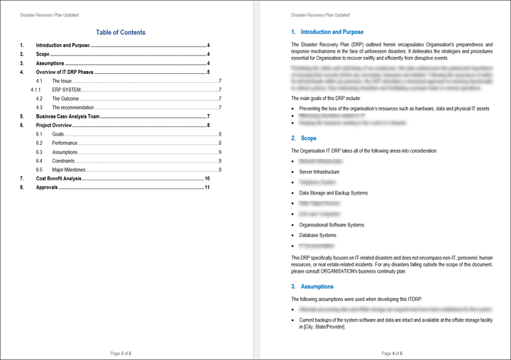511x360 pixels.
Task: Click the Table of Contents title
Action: [x=121, y=32]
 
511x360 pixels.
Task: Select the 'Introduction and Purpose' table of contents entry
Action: [x=63, y=45]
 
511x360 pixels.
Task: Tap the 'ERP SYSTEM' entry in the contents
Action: [x=67, y=89]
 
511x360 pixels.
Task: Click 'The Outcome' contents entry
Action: [x=65, y=99]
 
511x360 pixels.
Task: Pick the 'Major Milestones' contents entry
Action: [x=68, y=170]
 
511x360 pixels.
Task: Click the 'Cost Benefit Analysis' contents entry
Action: [x=59, y=178]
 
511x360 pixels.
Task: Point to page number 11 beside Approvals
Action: [x=207, y=187]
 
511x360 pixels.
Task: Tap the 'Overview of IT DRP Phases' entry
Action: [x=65, y=72]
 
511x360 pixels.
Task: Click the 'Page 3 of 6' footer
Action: [x=121, y=353]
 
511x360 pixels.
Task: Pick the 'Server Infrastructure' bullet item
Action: [x=319, y=172]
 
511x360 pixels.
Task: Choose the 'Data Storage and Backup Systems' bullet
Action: [x=334, y=193]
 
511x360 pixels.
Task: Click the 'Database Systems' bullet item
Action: [x=318, y=235]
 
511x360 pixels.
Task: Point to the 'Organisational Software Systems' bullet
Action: [x=332, y=225]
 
